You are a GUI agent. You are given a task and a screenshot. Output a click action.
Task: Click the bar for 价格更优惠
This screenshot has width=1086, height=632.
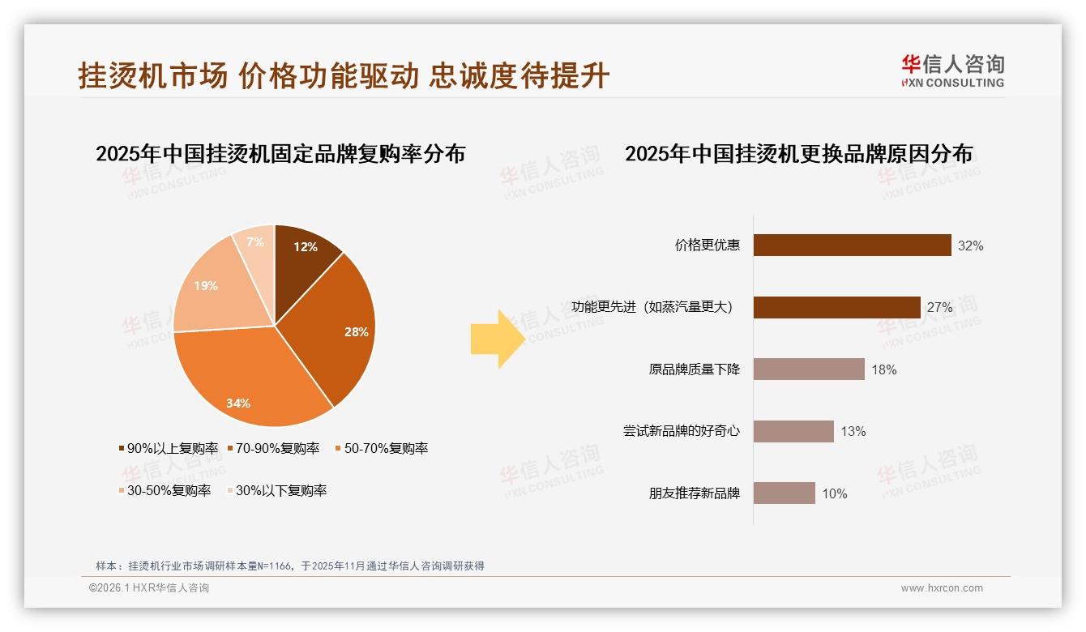(852, 245)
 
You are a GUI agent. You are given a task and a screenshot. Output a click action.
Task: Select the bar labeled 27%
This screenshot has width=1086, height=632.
(836, 307)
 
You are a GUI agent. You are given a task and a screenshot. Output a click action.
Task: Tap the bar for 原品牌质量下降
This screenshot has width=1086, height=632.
(809, 369)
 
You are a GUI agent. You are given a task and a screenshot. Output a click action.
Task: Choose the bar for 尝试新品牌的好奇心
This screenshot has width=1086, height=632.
(793, 431)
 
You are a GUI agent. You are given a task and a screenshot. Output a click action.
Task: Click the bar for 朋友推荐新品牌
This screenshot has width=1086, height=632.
(784, 493)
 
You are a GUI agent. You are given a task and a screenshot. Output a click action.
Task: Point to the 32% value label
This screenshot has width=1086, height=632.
(970, 246)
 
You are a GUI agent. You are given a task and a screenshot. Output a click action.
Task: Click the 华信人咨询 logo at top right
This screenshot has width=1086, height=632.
(952, 71)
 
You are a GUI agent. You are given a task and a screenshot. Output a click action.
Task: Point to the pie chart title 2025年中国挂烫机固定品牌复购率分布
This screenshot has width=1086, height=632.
(280, 154)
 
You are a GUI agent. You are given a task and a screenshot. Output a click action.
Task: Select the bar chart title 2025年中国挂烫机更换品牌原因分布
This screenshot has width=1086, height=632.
(798, 154)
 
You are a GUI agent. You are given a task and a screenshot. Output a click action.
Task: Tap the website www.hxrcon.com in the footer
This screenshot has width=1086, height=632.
(942, 588)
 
